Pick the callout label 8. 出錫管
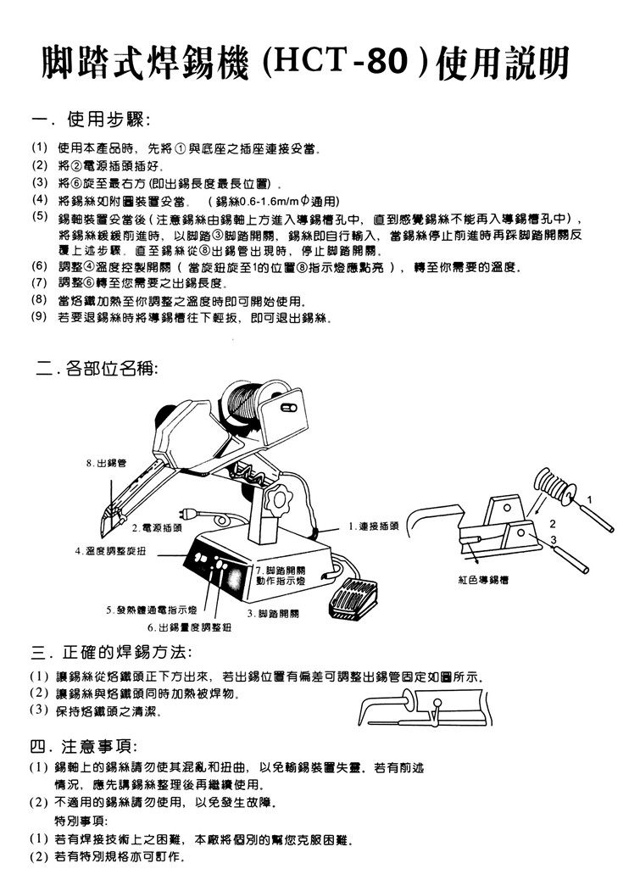tap(106, 463)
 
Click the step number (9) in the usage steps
tap(37, 317)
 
